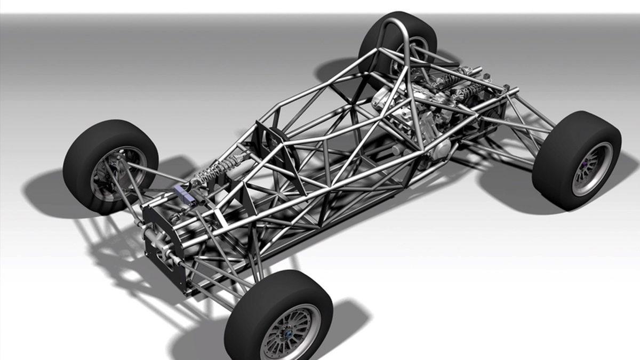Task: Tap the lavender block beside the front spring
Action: [183, 190]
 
